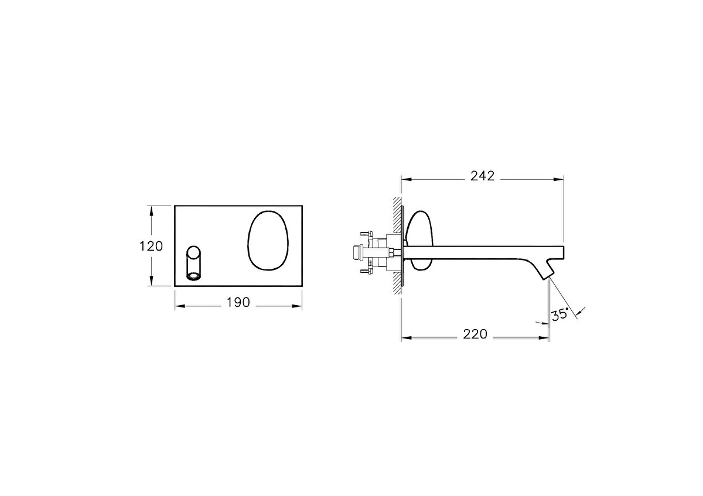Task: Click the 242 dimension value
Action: (x=482, y=176)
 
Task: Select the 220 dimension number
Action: (x=475, y=334)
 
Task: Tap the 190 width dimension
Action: (x=238, y=302)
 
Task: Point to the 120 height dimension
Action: (x=151, y=247)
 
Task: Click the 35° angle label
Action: (x=560, y=314)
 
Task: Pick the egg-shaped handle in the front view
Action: (x=268, y=240)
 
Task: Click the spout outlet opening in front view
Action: (x=194, y=276)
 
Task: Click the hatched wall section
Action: (x=397, y=245)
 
